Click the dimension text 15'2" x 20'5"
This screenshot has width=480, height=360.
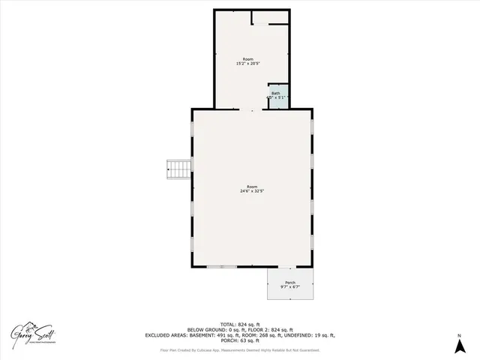click(x=248, y=64)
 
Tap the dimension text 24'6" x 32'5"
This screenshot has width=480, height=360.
click(x=252, y=191)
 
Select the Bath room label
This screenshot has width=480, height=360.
click(x=276, y=93)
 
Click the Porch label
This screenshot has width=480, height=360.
click(x=290, y=282)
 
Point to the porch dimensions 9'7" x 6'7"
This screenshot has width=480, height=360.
click(x=290, y=287)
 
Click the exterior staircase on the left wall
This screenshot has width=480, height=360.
click(x=178, y=169)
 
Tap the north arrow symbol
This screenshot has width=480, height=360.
click(x=458, y=346)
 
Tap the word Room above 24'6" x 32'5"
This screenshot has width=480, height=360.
click(x=252, y=186)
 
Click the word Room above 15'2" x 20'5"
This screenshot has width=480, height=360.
click(x=248, y=58)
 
